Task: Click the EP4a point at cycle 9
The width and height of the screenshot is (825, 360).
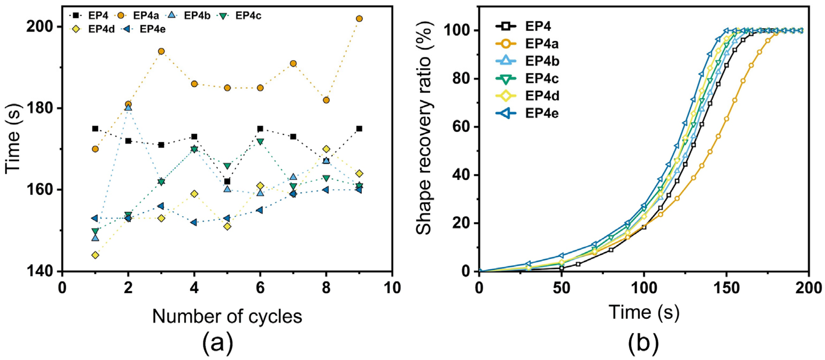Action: [x=359, y=19]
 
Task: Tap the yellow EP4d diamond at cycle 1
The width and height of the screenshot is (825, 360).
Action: [x=95, y=255]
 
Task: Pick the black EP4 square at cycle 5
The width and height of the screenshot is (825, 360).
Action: [x=227, y=182]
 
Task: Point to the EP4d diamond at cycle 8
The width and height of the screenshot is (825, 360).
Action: [x=326, y=149]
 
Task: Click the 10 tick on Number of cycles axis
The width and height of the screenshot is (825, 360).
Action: [x=392, y=288]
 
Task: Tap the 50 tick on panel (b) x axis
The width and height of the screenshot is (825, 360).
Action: [x=561, y=288]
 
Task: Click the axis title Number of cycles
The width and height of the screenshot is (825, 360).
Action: [x=227, y=317]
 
